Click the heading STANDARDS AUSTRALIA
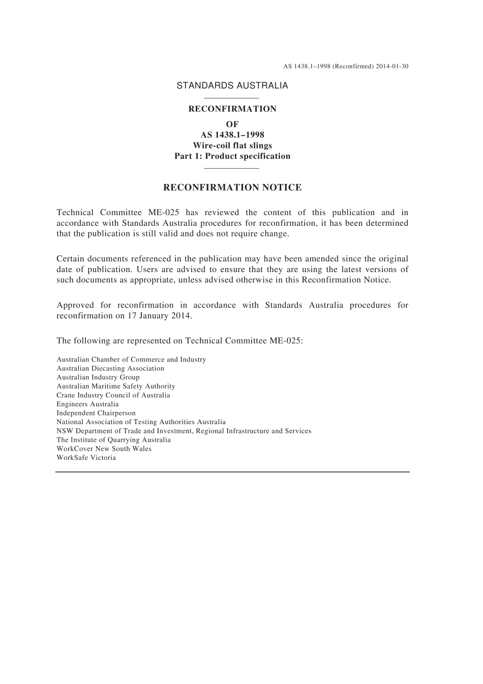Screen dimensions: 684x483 (x=232, y=86)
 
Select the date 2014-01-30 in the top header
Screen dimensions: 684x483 (x=393, y=67)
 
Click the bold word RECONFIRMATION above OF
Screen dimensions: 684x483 (x=232, y=109)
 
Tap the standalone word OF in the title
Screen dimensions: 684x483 (x=232, y=124)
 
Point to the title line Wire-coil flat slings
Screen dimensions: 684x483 (x=232, y=145)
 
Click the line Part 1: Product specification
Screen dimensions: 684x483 (x=232, y=156)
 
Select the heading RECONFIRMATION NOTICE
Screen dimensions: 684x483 (x=232, y=188)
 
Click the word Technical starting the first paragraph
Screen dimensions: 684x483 (x=75, y=213)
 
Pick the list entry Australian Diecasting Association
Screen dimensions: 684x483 (x=110, y=369)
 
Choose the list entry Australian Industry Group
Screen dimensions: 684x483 (x=98, y=377)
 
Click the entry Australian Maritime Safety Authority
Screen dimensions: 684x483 (x=116, y=386)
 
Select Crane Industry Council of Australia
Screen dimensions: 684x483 (x=113, y=395)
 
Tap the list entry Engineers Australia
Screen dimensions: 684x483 (x=87, y=404)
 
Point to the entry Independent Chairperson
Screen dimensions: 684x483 (x=96, y=413)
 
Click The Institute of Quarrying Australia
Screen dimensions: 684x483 (x=113, y=440)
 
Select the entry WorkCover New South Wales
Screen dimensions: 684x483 (x=104, y=449)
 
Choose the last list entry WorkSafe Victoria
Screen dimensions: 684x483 (x=86, y=458)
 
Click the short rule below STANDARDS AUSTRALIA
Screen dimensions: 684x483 (x=231, y=98)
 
